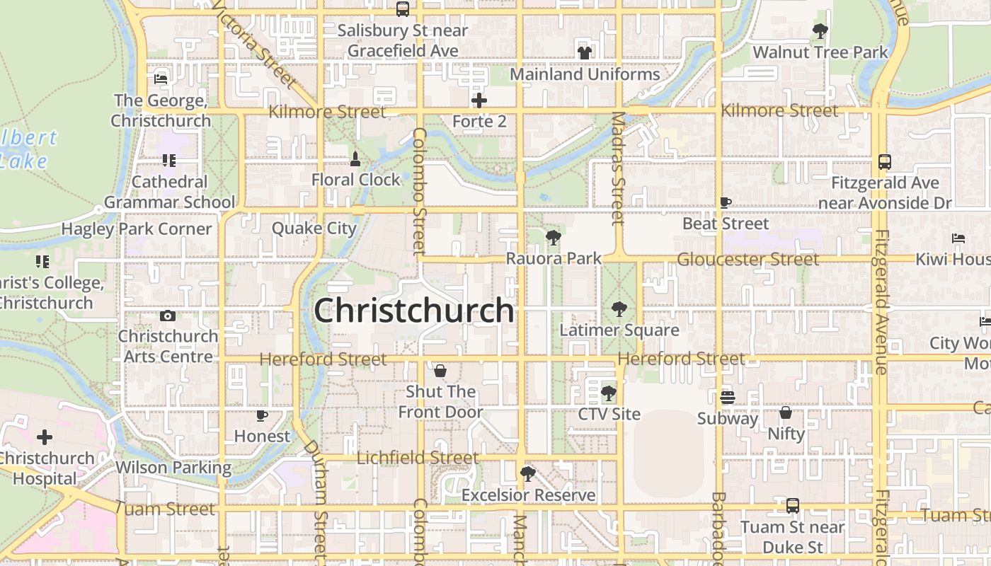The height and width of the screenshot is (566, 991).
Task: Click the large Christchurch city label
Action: (413, 310)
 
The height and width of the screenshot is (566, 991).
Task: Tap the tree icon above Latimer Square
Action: (619, 308)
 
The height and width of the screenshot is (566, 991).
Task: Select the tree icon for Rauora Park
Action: (554, 238)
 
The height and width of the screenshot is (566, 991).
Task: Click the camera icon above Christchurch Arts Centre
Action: (168, 316)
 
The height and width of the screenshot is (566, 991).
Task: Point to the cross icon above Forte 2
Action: (479, 100)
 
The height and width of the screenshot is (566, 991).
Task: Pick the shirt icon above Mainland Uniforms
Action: (585, 52)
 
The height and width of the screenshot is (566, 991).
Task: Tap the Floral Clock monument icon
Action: (355, 159)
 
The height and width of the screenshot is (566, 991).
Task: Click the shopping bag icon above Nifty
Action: (786, 412)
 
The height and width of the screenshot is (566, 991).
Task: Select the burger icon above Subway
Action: (727, 397)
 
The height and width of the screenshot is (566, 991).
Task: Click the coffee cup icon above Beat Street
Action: (726, 203)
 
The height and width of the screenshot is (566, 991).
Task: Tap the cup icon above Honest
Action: (262, 415)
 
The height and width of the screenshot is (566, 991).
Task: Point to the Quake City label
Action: (314, 228)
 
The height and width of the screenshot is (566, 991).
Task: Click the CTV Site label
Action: (609, 414)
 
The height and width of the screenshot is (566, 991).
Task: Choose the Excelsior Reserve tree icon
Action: (527, 473)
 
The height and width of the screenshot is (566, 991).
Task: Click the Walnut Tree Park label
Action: (820, 52)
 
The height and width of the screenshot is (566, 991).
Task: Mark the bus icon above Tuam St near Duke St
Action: (793, 506)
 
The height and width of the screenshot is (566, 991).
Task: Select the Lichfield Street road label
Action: (418, 458)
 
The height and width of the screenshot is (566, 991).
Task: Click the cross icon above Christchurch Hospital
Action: (45, 437)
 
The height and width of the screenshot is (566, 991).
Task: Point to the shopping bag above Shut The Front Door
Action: (440, 371)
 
